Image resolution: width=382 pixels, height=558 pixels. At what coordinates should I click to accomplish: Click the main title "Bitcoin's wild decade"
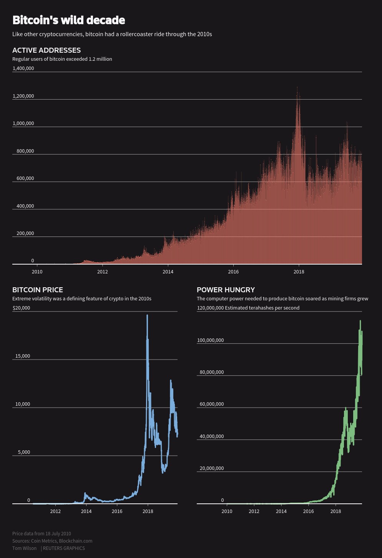[68, 20]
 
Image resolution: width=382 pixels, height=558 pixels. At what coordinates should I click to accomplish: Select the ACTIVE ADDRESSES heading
[47, 50]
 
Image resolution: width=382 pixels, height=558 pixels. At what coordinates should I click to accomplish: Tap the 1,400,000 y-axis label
[23, 68]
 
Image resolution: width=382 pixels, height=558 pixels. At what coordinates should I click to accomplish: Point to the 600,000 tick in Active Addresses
[25, 178]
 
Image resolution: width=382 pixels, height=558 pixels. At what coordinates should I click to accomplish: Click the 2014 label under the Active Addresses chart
[168, 272]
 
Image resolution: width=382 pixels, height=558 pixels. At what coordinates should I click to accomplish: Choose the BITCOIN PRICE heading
[38, 290]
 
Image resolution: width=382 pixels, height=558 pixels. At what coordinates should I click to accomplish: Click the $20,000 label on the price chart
[21, 308]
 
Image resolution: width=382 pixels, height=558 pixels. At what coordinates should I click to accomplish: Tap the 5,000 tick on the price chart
[24, 452]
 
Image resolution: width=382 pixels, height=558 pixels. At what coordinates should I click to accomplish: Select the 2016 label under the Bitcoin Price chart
[117, 511]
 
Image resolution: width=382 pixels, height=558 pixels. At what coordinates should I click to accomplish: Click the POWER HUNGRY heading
[226, 290]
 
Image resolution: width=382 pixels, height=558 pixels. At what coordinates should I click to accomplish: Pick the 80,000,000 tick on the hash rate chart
[211, 372]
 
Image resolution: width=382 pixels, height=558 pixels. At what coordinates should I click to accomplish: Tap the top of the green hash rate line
[360, 321]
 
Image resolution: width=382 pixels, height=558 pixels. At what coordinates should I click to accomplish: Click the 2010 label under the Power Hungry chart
[227, 511]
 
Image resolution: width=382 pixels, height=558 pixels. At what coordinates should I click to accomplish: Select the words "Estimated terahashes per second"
[262, 308]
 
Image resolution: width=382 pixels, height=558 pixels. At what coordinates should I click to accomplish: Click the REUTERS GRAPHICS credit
[64, 548]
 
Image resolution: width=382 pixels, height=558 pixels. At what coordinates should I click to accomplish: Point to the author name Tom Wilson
[24, 548]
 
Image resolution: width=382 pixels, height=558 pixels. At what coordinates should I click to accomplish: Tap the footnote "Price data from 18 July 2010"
[42, 533]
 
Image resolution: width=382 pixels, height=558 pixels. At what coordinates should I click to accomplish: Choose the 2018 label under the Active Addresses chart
[299, 272]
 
